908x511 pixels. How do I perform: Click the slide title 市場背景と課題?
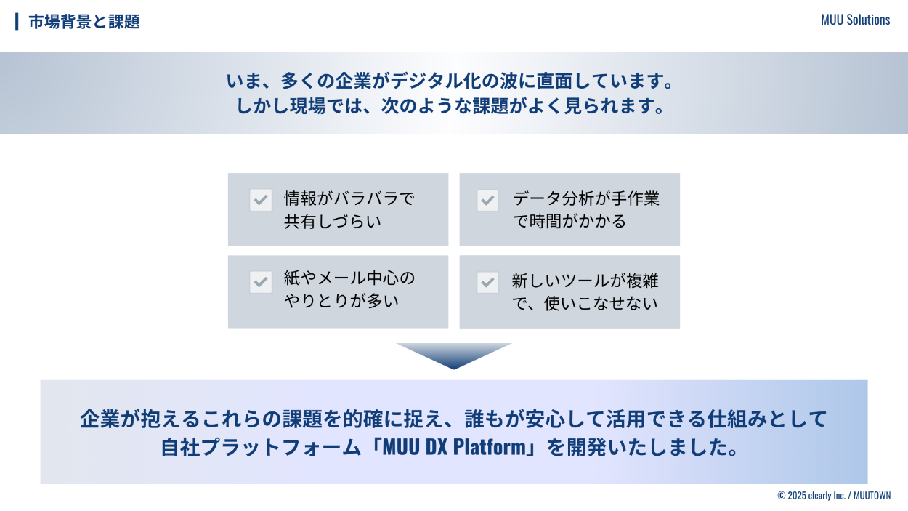(x=84, y=22)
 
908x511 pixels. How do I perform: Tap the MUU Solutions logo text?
(x=855, y=20)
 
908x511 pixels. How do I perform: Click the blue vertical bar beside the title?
(x=17, y=22)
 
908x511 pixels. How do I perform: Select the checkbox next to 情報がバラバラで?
(x=261, y=200)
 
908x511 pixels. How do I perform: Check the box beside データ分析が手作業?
(x=488, y=200)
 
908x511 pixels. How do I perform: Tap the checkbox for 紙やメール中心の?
(x=261, y=282)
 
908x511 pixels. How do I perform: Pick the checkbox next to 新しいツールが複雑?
(x=488, y=282)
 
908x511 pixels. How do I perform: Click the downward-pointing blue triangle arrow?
(x=454, y=355)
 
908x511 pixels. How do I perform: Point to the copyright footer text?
(x=834, y=496)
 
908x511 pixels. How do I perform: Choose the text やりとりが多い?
(x=341, y=300)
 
